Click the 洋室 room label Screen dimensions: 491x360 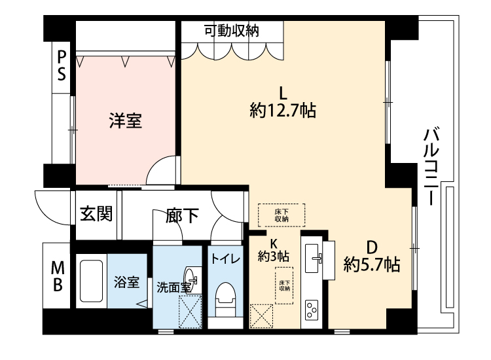point(126,120)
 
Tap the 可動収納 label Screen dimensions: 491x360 point(232,31)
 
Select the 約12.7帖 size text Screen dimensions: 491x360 point(283,111)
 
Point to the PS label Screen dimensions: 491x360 point(62,65)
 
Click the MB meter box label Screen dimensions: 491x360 point(58,276)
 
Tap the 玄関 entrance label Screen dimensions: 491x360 point(96,214)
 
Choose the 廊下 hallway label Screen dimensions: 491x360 point(182,216)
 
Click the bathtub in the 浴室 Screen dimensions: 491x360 point(92,281)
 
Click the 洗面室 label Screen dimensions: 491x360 point(173,287)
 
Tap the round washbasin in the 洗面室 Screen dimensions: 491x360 point(191,278)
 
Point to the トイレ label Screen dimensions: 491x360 point(225,259)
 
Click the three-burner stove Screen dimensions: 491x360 point(312,310)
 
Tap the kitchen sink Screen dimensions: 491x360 point(312,259)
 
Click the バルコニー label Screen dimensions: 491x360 point(431,166)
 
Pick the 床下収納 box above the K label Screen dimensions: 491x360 point(282,215)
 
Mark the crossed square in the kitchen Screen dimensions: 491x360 point(261,316)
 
